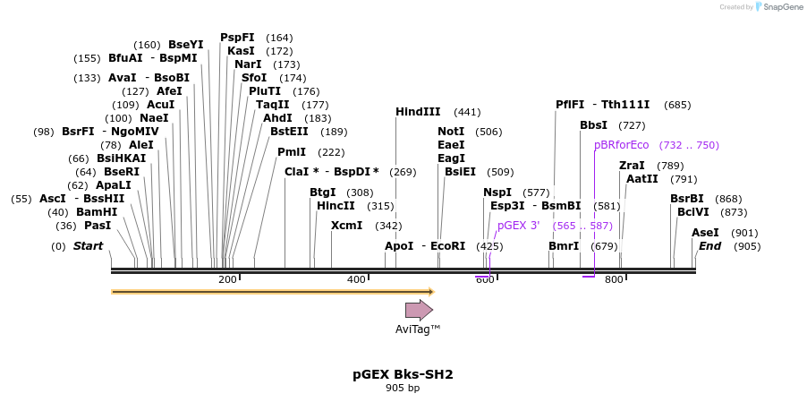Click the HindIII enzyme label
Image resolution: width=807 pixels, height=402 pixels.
click(418, 112)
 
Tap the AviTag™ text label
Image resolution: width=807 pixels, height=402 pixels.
click(418, 329)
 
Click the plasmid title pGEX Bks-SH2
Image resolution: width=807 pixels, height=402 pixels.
click(403, 374)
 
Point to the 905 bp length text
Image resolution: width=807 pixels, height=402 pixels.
click(403, 389)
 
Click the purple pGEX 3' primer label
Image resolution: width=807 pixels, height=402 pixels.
click(518, 226)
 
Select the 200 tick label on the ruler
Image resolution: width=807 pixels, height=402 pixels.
click(227, 280)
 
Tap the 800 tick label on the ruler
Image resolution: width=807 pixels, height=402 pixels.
click(614, 280)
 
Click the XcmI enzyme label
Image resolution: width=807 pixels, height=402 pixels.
click(347, 226)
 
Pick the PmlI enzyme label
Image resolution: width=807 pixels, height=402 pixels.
click(292, 152)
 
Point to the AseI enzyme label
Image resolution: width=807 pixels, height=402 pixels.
click(705, 233)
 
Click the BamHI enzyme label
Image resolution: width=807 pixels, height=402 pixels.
click(97, 212)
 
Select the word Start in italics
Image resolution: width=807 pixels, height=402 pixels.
click(88, 246)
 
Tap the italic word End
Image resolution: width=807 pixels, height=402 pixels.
click(709, 246)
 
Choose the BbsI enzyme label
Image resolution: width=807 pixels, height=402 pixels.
click(593, 125)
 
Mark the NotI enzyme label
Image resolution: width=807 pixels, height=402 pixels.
click(451, 132)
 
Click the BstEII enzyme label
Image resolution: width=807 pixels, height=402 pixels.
click(289, 132)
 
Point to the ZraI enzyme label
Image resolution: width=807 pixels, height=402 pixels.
click(632, 166)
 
